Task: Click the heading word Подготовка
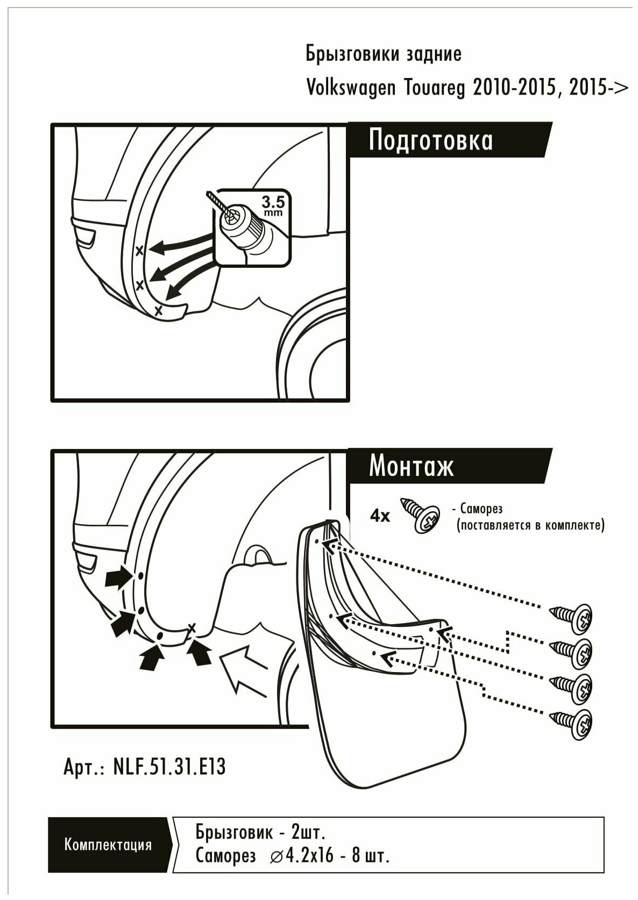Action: [x=430, y=141]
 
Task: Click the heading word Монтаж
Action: [x=411, y=466]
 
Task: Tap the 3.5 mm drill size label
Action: [x=273, y=205]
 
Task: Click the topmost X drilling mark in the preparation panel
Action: [x=139, y=250]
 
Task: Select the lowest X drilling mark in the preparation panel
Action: [x=158, y=311]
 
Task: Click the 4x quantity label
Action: [x=380, y=516]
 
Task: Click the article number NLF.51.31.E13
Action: [x=169, y=767]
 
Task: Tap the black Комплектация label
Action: [x=108, y=845]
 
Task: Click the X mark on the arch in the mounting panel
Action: [x=191, y=627]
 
